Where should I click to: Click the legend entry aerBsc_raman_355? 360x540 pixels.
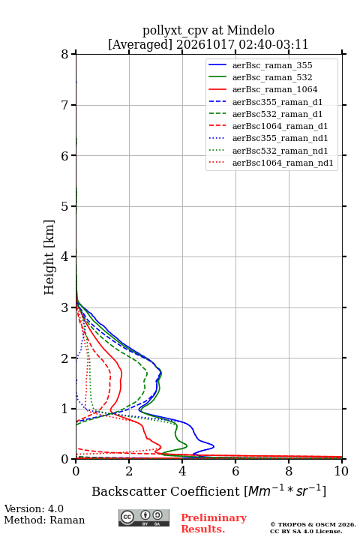coord(272,65)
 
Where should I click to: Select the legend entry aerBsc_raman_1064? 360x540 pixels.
coord(274,89)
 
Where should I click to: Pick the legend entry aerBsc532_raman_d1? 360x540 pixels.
coord(277,114)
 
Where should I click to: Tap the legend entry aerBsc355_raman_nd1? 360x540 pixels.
coord(280,139)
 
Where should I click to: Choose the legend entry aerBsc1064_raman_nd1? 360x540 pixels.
coord(283,163)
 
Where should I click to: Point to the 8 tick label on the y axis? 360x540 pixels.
coord(65,55)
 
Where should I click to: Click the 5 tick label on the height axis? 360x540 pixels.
coord(65,206)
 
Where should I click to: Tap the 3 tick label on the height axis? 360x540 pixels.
coord(65,307)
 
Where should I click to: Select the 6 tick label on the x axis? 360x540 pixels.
coord(235,471)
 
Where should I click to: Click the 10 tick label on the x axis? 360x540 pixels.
coord(341,471)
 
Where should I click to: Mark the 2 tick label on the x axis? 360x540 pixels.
coord(129,471)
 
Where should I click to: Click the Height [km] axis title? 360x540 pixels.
coord(49,257)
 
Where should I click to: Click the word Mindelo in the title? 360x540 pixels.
coord(250,31)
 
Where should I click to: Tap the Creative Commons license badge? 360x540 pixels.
coord(144,517)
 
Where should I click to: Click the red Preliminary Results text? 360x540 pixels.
coord(214,523)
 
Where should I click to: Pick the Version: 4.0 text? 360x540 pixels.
coord(34,508)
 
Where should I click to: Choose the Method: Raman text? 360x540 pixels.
coord(44,520)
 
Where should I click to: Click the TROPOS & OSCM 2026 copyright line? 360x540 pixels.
coord(313,524)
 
